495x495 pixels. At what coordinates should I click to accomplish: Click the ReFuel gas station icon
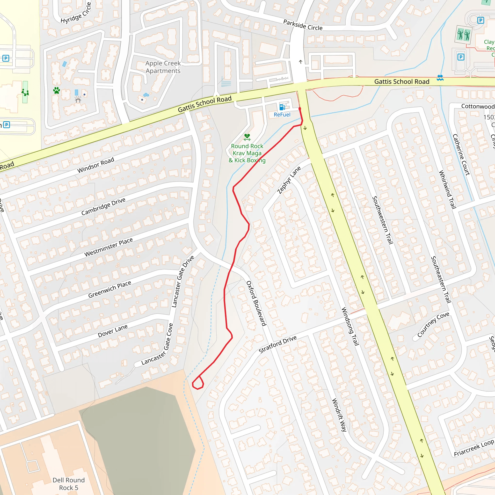282,107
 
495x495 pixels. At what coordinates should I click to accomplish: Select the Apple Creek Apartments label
163,67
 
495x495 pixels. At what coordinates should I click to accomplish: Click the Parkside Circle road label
303,25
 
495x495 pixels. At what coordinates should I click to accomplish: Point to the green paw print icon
57,90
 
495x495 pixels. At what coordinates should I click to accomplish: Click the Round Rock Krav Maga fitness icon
247,137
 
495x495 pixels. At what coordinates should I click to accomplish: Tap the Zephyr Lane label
289,180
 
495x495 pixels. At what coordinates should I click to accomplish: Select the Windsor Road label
95,165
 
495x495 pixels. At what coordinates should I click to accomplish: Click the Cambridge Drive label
103,206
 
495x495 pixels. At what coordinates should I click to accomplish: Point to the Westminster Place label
108,247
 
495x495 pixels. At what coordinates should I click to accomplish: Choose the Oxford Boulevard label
256,303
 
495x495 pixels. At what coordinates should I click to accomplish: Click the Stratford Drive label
277,344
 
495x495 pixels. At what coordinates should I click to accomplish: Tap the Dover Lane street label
113,331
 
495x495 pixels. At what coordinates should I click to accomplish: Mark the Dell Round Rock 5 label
68,484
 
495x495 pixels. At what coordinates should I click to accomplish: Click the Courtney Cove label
433,324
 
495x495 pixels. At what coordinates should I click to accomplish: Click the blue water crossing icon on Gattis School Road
440,78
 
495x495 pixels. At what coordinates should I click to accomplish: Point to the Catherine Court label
461,155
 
